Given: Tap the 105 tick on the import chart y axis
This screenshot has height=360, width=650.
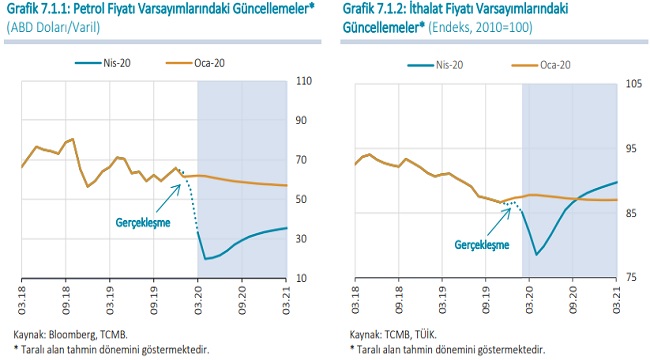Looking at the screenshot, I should coord(634,83).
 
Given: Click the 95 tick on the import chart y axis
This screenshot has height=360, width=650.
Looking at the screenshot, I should coord(632,148).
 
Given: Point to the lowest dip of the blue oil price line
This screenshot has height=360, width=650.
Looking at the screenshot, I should coord(205,259).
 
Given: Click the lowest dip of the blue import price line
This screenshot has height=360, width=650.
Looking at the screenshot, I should coord(537,254).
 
